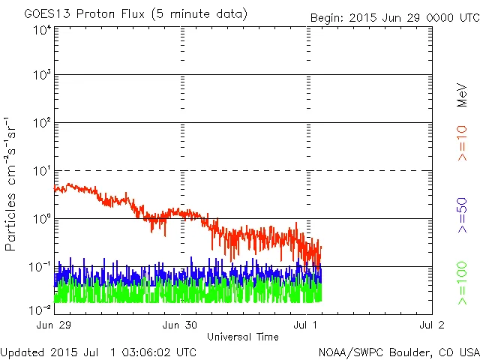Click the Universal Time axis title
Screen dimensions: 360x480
[x=243, y=337]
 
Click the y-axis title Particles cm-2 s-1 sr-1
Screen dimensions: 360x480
[x=11, y=184]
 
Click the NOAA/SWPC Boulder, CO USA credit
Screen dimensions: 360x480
[x=398, y=352]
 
